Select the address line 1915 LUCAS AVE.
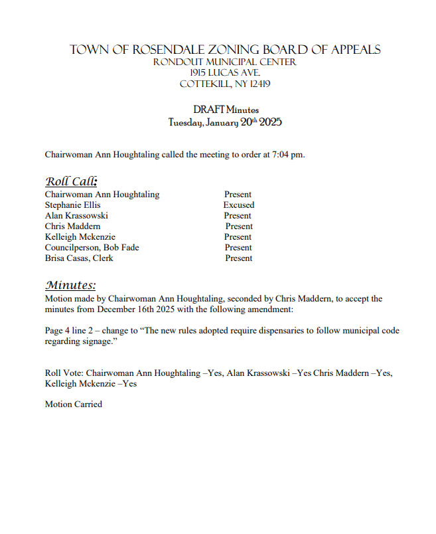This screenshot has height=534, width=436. tap(224, 73)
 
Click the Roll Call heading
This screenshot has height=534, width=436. tap(72, 181)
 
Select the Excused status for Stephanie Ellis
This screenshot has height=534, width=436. tap(238, 205)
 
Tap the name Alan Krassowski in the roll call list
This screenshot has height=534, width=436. tap(76, 216)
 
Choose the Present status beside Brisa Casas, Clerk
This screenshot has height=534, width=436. tap(238, 258)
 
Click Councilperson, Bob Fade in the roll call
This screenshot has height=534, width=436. tap(92, 248)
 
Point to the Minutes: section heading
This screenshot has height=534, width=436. tap(71, 286)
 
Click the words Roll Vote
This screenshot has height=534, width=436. tap(64, 373)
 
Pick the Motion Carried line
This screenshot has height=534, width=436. tap(74, 404)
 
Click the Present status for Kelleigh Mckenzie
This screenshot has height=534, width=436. tap(238, 237)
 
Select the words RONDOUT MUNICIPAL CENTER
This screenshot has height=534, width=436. tap(224, 62)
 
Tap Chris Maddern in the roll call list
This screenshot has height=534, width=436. tap(73, 226)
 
